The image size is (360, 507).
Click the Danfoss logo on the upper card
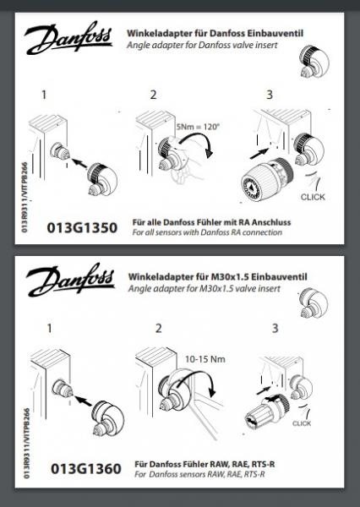coord(68,38)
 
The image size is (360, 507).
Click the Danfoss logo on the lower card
coord(70,280)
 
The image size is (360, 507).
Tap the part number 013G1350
coord(82,227)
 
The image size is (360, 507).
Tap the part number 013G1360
coord(86,468)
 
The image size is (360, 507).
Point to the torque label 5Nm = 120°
coord(198,126)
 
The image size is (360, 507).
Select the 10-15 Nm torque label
coord(205,359)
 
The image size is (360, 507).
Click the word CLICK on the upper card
coord(313,197)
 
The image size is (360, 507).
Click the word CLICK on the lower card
coord(302,423)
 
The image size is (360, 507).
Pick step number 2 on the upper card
coord(153,95)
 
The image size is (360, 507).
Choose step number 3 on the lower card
coord(275,328)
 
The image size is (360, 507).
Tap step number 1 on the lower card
coord(49,328)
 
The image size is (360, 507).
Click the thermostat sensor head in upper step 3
coord(267,180)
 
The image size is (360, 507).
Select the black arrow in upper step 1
coord(79,163)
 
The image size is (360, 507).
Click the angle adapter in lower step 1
coord(107,418)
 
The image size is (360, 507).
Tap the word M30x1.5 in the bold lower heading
coord(230,277)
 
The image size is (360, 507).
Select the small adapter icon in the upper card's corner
coord(314,61)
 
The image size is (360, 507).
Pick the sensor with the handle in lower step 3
coord(266,412)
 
